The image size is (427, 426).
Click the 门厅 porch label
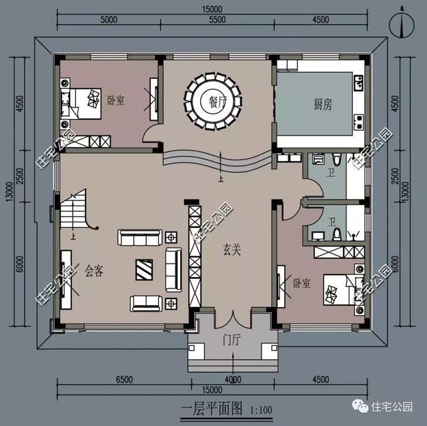click(232, 339)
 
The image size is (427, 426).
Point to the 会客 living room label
click(95, 270)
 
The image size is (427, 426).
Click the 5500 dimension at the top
click(218, 19)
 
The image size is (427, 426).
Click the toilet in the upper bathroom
click(338, 160)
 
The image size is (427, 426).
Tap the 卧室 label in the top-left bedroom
click(116, 101)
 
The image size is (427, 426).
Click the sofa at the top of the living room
click(140, 237)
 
